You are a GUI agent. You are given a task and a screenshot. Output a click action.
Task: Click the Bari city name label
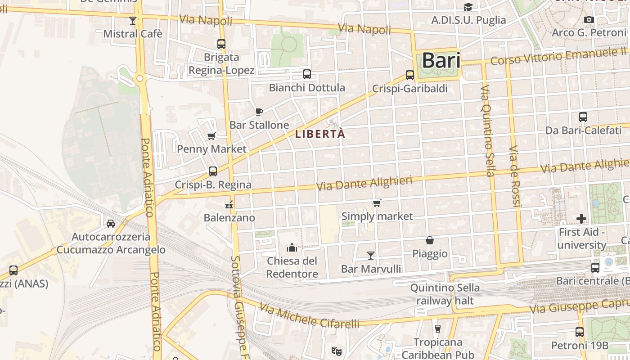point(441,60)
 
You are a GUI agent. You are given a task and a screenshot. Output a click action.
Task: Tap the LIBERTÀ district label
point(320,134)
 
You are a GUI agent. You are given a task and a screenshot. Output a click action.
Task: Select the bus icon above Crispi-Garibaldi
point(410,75)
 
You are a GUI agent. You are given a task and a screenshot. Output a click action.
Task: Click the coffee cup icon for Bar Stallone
point(259,112)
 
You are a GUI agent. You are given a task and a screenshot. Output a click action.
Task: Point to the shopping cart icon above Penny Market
point(211,136)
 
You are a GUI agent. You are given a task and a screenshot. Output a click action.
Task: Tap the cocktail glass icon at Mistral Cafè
point(132,20)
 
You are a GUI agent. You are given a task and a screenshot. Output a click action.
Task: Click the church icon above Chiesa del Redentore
point(292,247)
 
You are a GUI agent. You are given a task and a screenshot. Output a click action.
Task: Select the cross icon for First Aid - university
point(581,219)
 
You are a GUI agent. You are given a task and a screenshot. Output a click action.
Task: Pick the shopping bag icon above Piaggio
point(430,240)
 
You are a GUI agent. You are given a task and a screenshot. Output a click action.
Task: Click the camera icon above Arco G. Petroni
point(589,19)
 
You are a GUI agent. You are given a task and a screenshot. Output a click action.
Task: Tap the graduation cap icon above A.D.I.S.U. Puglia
point(468,7)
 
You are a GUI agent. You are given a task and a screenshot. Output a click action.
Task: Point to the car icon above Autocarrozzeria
point(111,223)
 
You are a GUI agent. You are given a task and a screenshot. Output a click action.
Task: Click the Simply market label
point(377,216)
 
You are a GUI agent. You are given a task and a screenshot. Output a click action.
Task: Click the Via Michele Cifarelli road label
point(310,316)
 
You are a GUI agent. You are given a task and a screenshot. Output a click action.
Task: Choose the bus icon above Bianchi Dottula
point(307,74)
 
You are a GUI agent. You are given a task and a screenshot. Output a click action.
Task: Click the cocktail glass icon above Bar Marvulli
point(370,256)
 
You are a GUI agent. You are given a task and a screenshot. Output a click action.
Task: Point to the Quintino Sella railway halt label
point(445,294)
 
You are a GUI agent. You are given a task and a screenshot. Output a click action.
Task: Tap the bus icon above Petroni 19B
point(580,332)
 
